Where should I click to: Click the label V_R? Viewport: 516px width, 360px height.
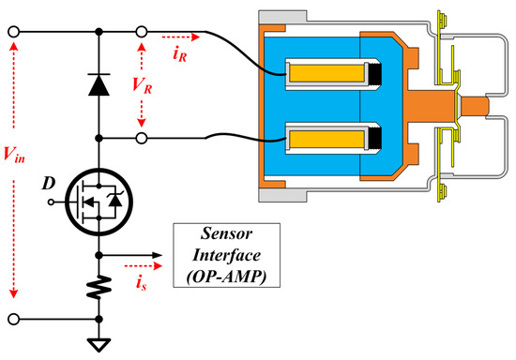[x=141, y=83]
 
